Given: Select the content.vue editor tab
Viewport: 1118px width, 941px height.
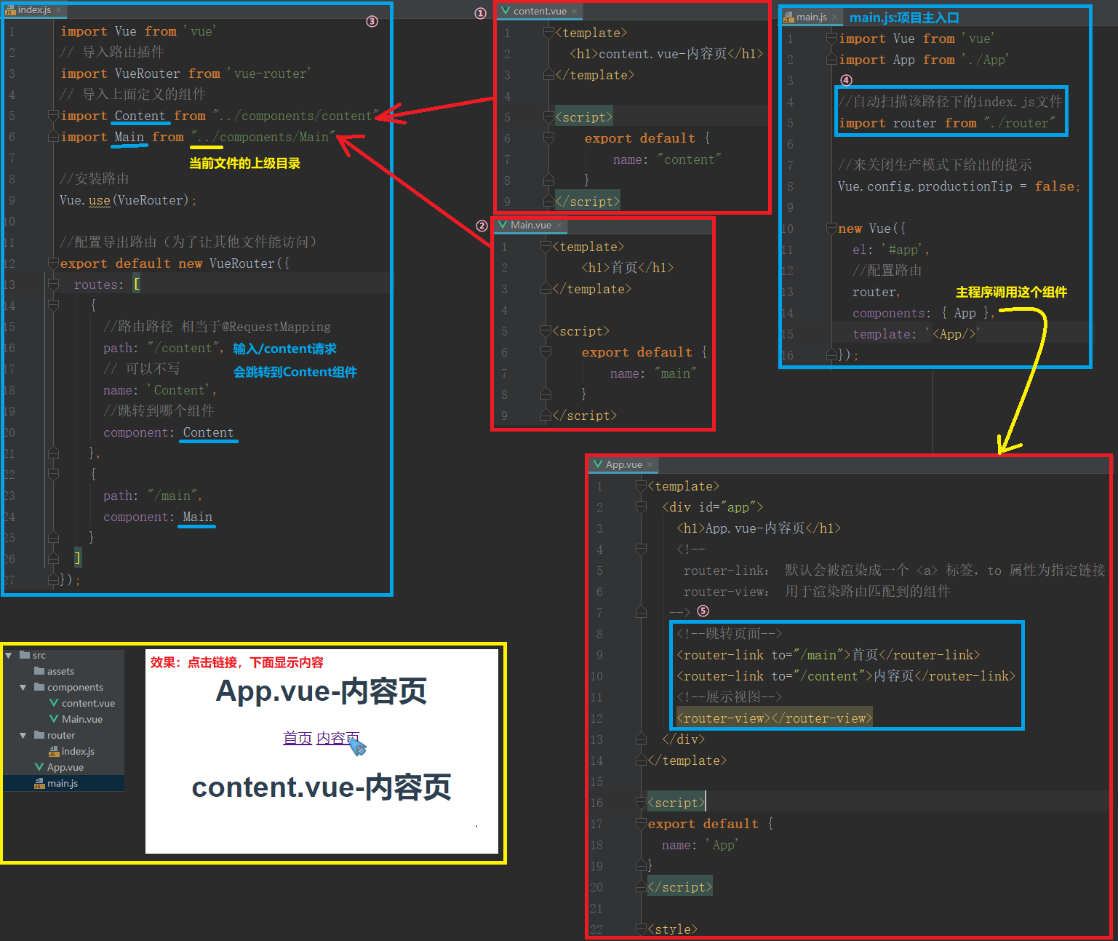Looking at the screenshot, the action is coord(539,11).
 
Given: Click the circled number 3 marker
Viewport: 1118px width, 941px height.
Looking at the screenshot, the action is coord(372,21).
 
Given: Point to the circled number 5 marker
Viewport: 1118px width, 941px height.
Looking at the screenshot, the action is coord(703,611).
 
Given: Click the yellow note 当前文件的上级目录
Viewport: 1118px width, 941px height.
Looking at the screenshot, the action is coord(244,164).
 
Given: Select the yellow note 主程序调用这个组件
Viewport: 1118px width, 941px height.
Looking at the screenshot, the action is coord(1012,292).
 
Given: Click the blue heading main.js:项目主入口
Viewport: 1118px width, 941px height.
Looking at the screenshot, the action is coord(904,17).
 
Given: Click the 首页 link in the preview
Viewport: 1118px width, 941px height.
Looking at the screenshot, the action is coord(298,738).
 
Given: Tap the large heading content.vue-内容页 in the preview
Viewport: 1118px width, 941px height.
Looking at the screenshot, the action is coord(322,787).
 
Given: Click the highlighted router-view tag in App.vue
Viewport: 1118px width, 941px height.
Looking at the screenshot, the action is coord(774,718).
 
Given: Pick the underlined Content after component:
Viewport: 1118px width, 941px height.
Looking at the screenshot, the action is coord(208,432).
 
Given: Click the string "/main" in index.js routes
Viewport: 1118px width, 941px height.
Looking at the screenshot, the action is coord(172,496).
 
